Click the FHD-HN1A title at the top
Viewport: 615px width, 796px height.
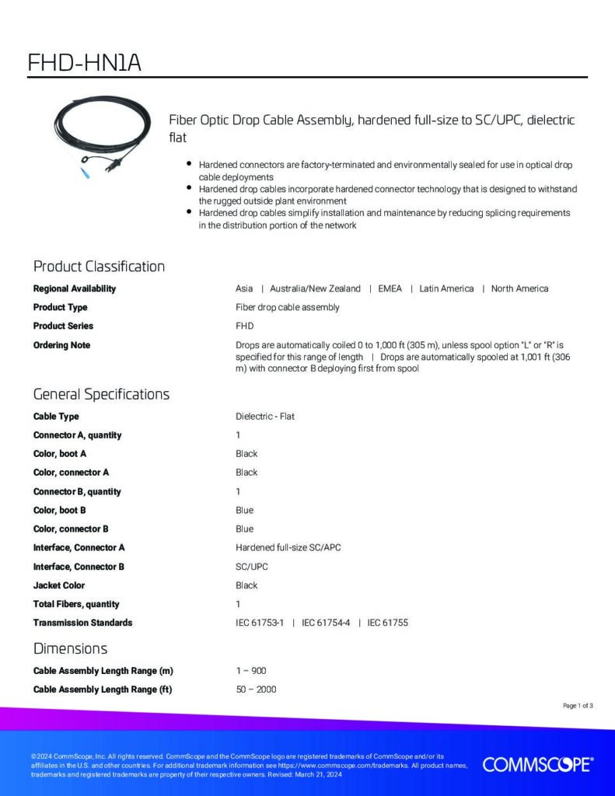click(84, 61)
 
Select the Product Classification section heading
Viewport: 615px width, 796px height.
click(99, 267)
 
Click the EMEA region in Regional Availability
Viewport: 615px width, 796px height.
click(390, 288)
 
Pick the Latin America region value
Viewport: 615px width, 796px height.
click(446, 288)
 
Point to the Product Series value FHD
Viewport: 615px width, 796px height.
click(244, 326)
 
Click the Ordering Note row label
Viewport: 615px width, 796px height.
click(61, 345)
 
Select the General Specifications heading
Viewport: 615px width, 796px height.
click(101, 394)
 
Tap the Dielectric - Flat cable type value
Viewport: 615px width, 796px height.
click(265, 417)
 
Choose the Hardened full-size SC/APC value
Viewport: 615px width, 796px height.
click(288, 548)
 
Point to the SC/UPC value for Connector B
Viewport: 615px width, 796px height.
click(252, 567)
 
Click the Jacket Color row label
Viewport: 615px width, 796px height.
click(59, 585)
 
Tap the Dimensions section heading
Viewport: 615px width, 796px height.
click(70, 648)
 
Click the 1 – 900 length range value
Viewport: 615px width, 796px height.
click(251, 671)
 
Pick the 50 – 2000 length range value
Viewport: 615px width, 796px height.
click(256, 690)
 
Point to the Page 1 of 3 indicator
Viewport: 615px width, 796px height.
click(578, 706)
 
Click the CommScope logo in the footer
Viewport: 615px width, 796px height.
click(537, 765)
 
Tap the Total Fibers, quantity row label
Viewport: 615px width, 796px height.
click(76, 604)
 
